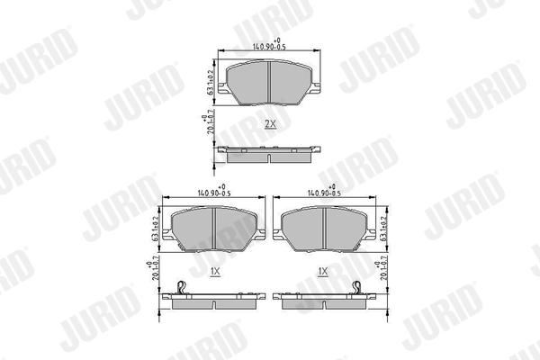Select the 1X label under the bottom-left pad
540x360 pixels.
[x=214, y=270]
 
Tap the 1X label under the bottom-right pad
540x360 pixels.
[x=322, y=270]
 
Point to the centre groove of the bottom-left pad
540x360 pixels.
[x=214, y=229]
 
